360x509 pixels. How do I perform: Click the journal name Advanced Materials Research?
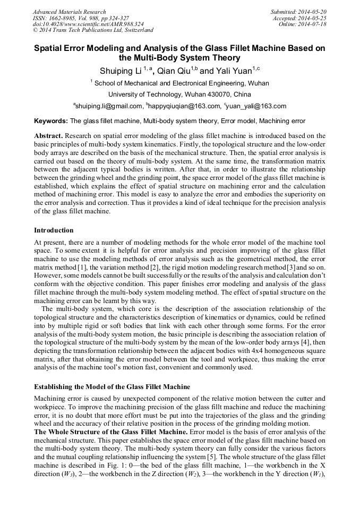pos(69,12)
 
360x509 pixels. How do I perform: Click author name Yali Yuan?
pos(233,71)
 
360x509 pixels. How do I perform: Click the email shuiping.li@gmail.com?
pos(109,106)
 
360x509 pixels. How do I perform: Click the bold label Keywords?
pos(51,121)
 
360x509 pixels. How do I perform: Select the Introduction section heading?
pos(54,230)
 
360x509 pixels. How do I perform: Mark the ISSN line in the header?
pos(81,18)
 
